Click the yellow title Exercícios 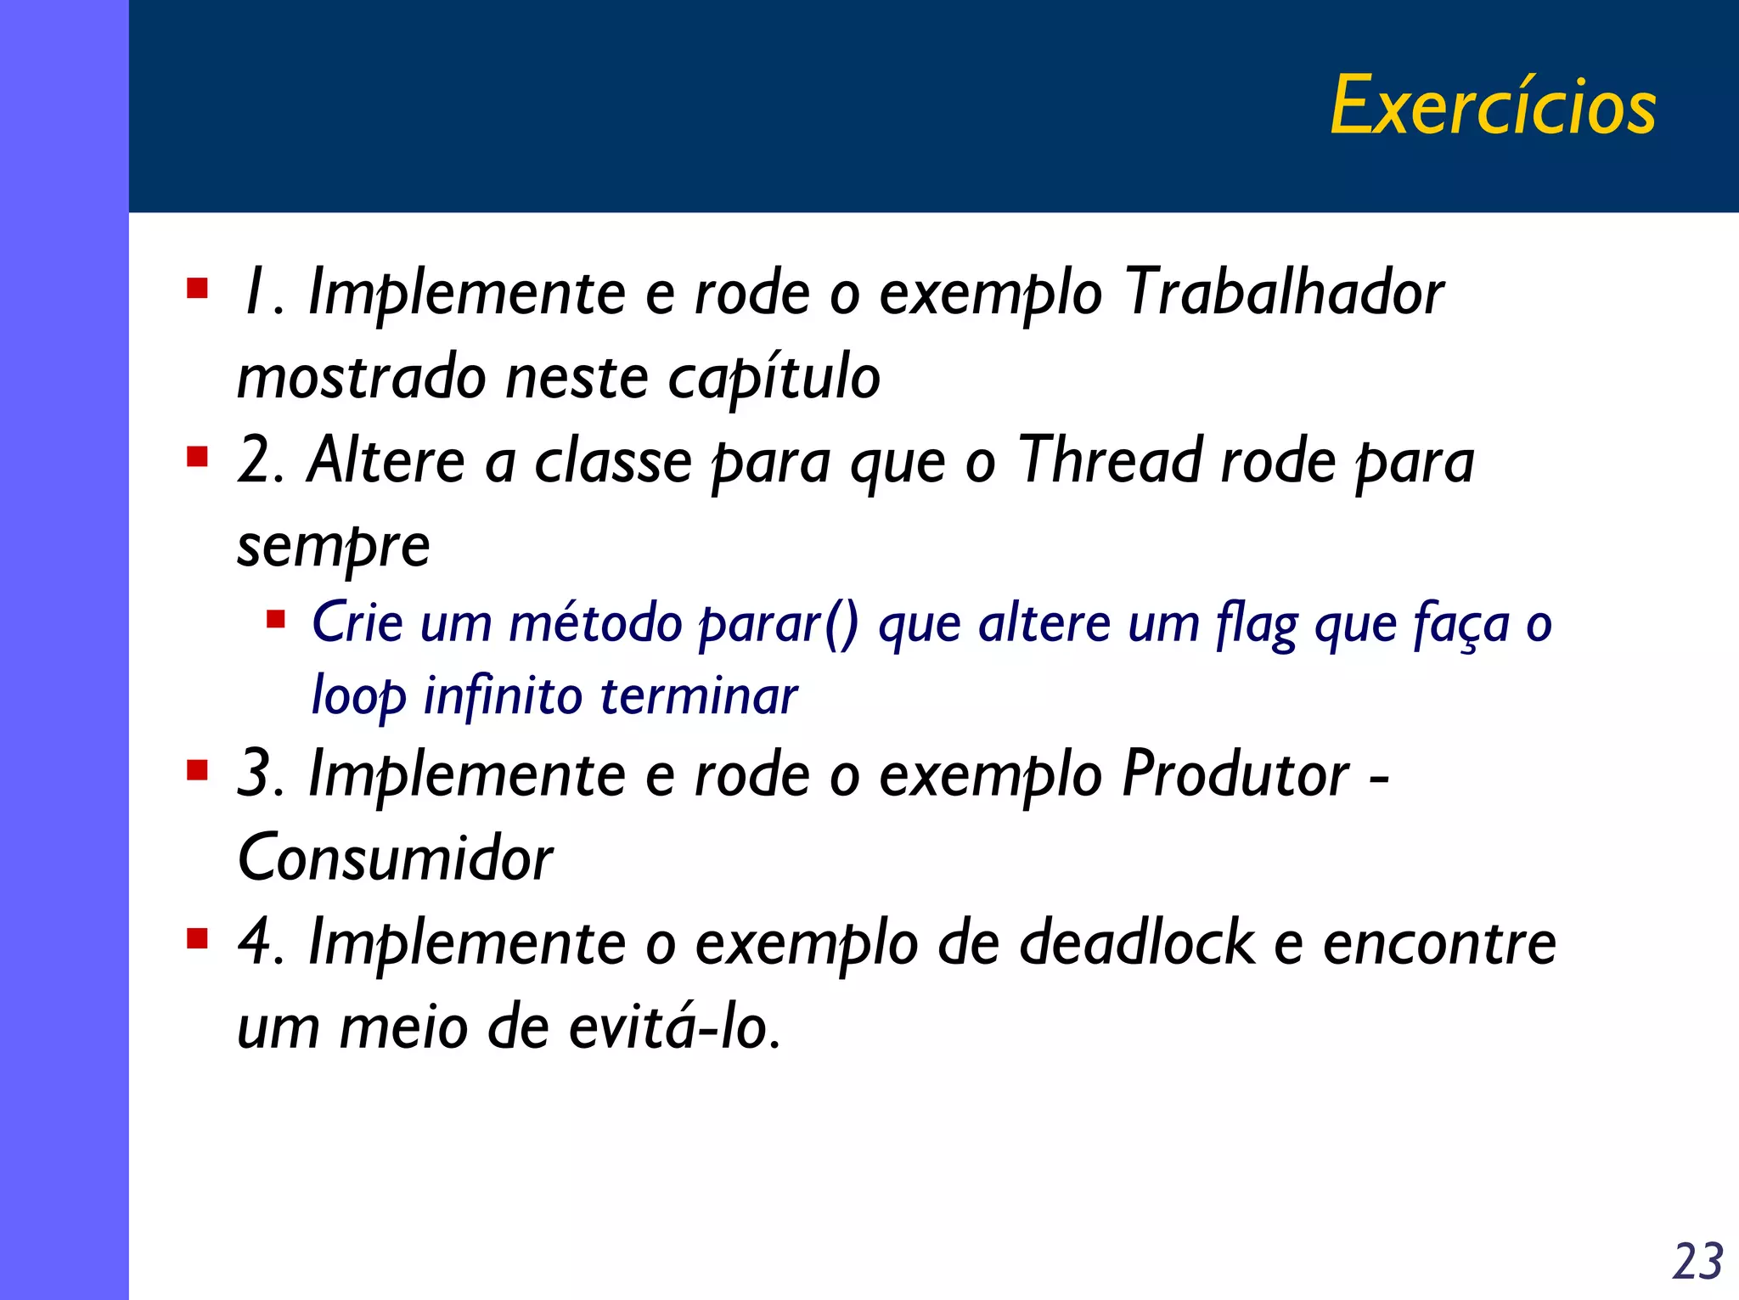1492,106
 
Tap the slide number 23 1697,1261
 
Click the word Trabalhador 1285,292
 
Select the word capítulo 774,378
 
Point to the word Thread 1109,460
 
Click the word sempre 333,546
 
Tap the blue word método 595,623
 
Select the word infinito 502,696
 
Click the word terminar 699,696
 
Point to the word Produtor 1235,774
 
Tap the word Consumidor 396,858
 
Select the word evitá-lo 673,1027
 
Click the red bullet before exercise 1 198,290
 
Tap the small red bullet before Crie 276,618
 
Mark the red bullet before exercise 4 198,939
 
